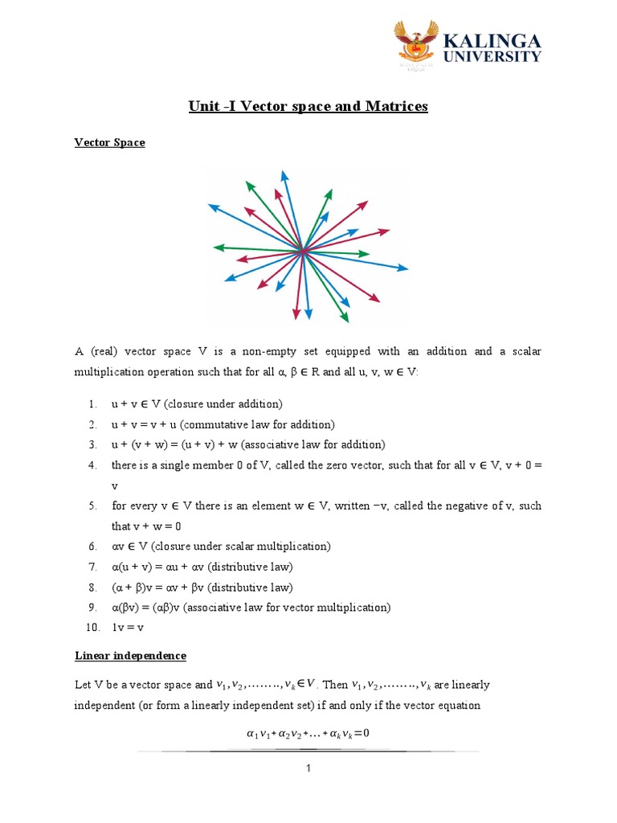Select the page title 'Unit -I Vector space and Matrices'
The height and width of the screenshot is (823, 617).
pos(308,107)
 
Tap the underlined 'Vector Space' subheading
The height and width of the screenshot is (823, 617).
pos(110,143)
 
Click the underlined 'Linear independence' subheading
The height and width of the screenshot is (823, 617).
pos(130,656)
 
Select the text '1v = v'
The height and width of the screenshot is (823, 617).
pos(127,627)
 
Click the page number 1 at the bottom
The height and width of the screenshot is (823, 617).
pos(308,769)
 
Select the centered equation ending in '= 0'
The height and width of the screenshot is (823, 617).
pos(308,733)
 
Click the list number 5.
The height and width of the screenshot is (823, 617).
pos(93,506)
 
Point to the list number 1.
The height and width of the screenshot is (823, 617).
pos(93,404)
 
